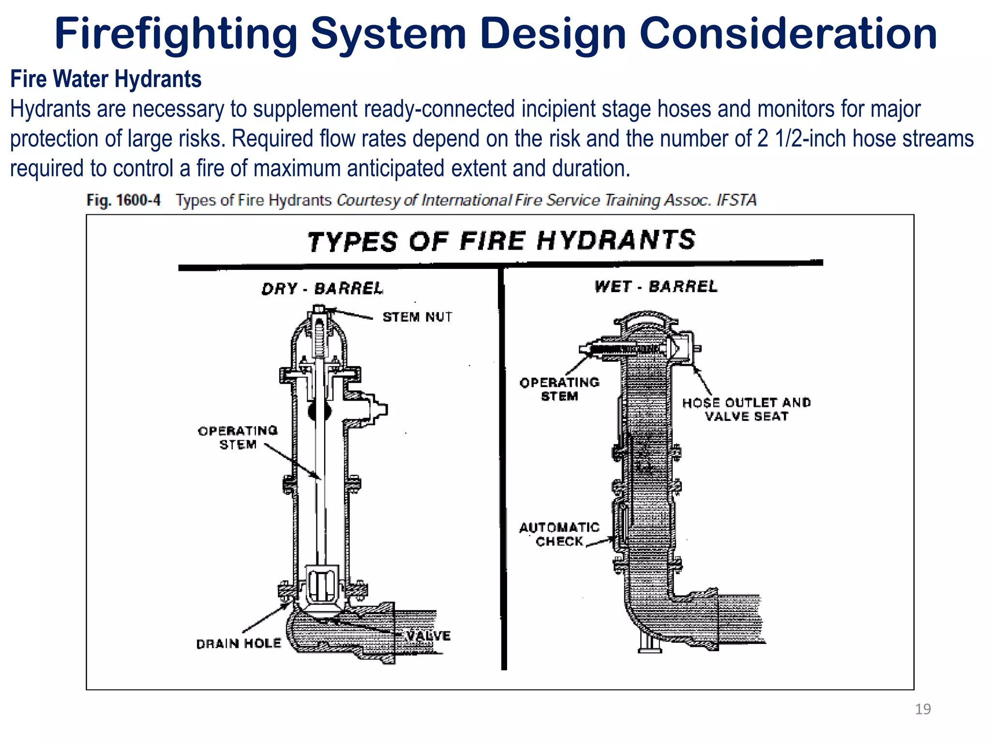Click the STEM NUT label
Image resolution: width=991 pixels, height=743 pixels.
point(417,317)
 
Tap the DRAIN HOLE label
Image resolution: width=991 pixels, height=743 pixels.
point(239,643)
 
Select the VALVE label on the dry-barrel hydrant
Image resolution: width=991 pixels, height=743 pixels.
point(428,636)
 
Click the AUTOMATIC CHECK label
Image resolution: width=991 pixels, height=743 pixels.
point(559,534)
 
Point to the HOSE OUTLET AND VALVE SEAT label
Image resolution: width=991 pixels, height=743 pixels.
point(746,409)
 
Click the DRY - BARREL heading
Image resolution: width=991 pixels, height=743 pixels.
point(322,289)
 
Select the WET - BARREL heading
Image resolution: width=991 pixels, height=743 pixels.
point(656,286)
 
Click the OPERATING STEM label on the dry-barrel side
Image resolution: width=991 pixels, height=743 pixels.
point(238,437)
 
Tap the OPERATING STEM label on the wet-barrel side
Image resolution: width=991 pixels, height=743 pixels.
point(559,389)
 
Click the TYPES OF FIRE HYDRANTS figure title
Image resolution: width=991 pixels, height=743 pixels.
point(501,240)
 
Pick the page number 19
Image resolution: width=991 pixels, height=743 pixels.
point(923,709)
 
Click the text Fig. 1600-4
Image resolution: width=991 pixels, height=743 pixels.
point(123,200)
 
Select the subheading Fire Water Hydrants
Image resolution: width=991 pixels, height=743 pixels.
point(106,79)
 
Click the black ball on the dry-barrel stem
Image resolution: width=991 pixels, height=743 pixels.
point(319,412)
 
